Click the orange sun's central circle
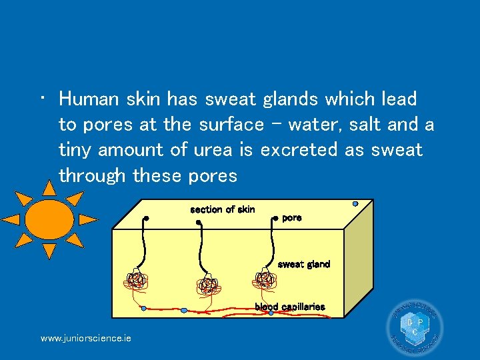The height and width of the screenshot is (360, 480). click(x=49, y=218)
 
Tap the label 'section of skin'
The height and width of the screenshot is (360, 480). click(x=222, y=210)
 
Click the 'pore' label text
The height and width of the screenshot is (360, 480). click(x=292, y=218)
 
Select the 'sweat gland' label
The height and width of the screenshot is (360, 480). click(x=303, y=264)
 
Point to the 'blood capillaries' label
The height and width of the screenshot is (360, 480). click(x=289, y=307)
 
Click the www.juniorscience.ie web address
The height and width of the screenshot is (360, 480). click(x=85, y=339)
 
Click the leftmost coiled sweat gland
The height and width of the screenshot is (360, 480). click(x=136, y=281)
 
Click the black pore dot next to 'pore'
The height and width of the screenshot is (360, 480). click(x=275, y=217)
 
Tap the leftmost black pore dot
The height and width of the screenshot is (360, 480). click(x=146, y=218)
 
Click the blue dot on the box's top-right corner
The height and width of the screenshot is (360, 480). click(x=355, y=203)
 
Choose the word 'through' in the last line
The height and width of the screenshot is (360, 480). click(x=93, y=176)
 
